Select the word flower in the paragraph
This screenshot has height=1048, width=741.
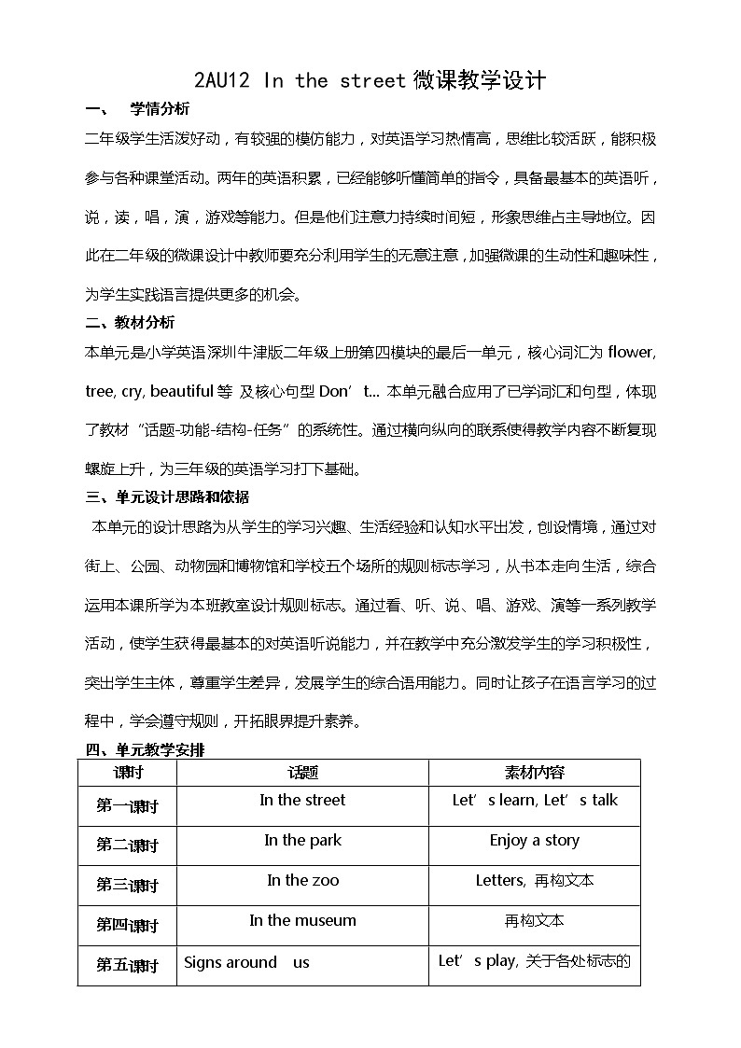coord(631,352)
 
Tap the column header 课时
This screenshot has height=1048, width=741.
coord(128,773)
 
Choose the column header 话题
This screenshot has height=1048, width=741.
coord(302,773)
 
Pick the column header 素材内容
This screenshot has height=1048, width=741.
coord(534,773)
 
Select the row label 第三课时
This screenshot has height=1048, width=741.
coord(128,886)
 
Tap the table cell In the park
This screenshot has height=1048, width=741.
coord(302,841)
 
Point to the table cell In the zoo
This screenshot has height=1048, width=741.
coord(302,881)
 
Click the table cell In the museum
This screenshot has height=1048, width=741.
coord(302,921)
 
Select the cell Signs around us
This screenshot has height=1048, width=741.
coord(246,963)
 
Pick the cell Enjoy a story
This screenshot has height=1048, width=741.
coord(534,841)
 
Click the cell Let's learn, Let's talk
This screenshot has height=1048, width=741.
coord(534,801)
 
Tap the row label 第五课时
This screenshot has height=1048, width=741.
coord(128,966)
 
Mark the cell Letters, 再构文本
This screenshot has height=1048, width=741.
coord(534,881)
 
